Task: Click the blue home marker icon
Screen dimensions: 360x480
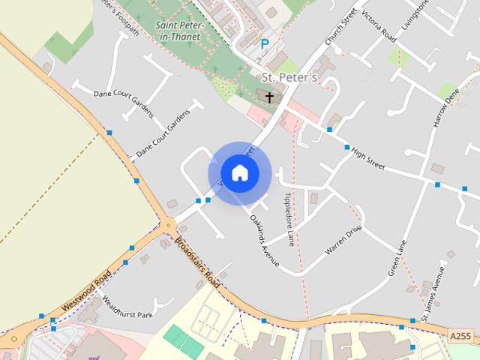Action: click(x=239, y=172)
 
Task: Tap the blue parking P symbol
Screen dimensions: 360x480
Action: click(x=264, y=44)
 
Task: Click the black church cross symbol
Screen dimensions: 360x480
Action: click(x=269, y=96)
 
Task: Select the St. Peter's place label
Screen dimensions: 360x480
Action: click(x=289, y=77)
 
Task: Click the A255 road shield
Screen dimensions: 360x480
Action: click(x=461, y=336)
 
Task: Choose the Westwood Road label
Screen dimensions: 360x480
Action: click(x=87, y=291)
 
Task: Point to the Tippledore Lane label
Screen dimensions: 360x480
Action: click(x=287, y=211)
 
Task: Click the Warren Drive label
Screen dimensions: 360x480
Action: click(x=343, y=239)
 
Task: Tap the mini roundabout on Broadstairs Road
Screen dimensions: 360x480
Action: click(x=169, y=223)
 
